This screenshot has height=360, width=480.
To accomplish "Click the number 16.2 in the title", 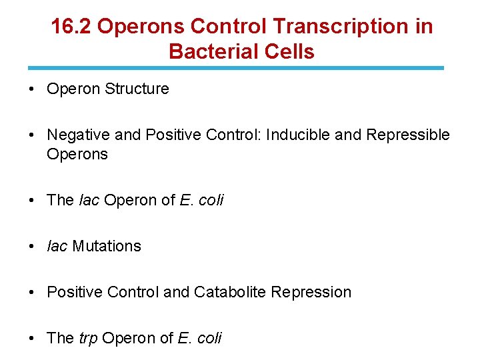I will click(x=75, y=26).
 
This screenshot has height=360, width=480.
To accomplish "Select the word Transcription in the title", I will click(x=341, y=26).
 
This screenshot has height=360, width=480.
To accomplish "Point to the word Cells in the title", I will click(x=290, y=51).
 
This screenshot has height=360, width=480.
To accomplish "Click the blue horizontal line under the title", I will click(x=235, y=67).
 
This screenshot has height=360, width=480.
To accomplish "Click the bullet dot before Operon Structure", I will click(x=33, y=89).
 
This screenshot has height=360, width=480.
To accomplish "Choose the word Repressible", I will click(x=407, y=135).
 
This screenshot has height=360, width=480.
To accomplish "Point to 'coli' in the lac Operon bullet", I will click(x=211, y=200).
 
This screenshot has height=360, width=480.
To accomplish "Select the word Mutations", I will click(x=107, y=246).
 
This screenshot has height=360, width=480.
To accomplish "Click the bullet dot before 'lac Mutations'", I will click(x=33, y=247).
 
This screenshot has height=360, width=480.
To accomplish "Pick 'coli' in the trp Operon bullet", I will click(x=209, y=338).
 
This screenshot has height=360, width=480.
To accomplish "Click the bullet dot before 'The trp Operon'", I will click(x=33, y=339).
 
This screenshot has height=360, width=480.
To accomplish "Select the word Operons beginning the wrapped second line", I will click(x=77, y=154).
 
